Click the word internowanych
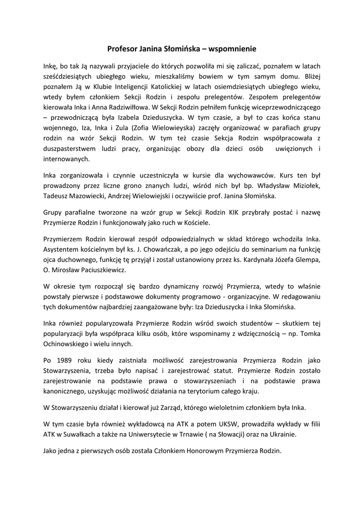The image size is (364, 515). coord(67,159)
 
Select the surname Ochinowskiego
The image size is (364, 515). coord(70,344)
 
